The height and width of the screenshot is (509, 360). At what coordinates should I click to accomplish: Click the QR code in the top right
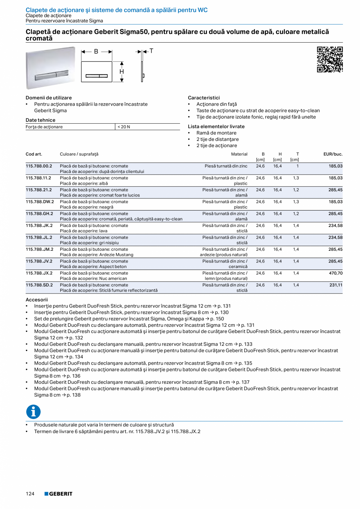click(x=329, y=59)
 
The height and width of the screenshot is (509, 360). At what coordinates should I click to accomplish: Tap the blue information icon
click(x=33, y=411)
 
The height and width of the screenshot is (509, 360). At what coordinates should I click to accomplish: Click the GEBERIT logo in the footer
click(x=58, y=494)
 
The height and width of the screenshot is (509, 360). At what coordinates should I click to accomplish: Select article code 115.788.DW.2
click(x=40, y=202)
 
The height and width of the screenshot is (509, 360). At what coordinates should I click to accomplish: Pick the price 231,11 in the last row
click(x=335, y=285)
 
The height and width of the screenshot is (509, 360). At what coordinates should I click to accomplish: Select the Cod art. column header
click(x=34, y=154)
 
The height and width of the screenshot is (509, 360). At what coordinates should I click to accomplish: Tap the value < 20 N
click(x=124, y=127)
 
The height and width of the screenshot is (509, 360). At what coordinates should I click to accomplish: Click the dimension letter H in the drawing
click(x=122, y=72)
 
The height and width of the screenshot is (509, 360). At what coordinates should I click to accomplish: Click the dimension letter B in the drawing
click(x=96, y=51)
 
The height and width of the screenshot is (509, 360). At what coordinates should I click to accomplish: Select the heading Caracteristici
click(x=204, y=97)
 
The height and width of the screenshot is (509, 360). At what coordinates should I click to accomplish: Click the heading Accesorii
click(x=36, y=299)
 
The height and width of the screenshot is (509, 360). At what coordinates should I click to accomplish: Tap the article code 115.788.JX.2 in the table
click(x=39, y=273)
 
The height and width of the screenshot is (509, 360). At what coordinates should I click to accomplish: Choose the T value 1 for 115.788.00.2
click(x=297, y=166)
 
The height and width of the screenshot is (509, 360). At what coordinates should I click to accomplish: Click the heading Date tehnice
click(x=40, y=120)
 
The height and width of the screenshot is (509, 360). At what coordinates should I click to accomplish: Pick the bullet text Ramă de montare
click(x=216, y=133)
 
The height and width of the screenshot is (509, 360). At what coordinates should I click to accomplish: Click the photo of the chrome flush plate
click(x=50, y=68)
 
